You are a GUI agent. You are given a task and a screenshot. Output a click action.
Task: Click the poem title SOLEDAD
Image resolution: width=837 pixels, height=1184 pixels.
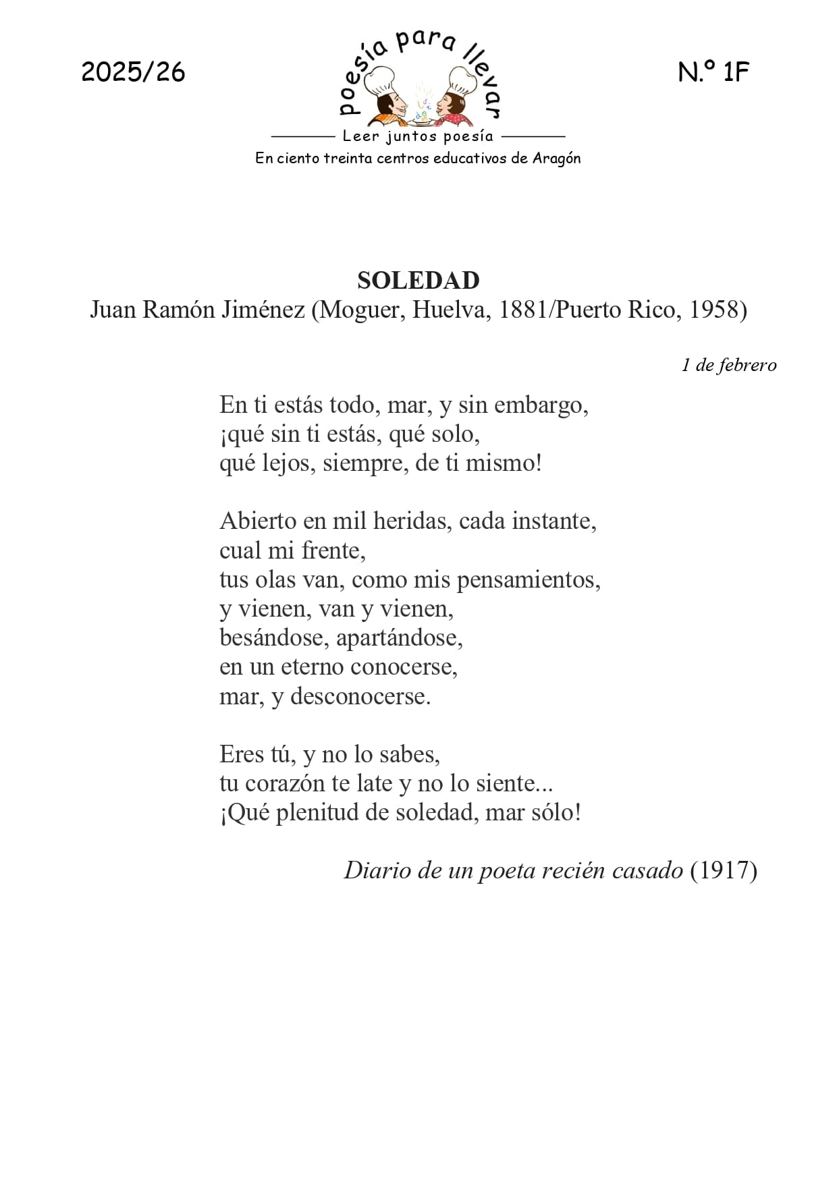click(418, 280)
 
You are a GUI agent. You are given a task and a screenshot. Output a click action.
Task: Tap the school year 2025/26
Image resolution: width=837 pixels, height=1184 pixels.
click(133, 72)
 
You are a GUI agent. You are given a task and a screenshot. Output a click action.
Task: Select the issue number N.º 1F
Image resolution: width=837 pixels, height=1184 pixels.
click(713, 72)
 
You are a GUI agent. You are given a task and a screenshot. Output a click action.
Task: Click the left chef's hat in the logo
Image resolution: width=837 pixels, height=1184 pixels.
click(381, 80)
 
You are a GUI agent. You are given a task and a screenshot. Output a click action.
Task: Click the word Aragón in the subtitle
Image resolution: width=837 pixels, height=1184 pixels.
click(556, 159)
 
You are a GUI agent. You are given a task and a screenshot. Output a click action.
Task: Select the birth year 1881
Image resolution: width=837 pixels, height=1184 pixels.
click(524, 310)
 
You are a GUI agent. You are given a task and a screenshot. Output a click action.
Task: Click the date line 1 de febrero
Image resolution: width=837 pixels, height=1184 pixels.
click(728, 365)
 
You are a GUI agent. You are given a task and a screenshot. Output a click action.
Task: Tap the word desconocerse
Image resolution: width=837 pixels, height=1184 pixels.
click(360, 696)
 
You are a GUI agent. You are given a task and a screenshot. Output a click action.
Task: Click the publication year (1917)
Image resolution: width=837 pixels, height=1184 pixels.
click(723, 870)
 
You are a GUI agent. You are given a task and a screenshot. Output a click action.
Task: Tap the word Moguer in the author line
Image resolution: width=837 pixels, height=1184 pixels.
click(361, 310)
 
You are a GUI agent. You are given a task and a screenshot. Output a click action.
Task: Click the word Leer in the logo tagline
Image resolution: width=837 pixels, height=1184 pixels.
click(361, 136)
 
